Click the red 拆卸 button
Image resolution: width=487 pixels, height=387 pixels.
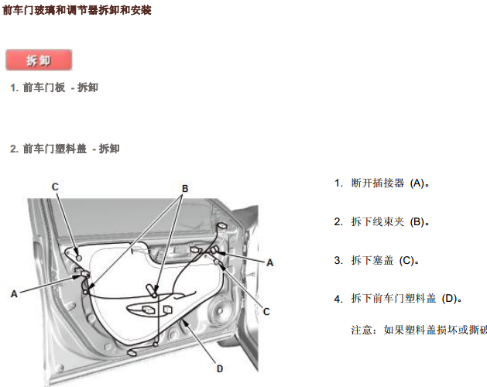coord(39,60)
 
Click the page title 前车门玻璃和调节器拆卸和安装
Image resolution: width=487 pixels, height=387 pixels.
coord(77,10)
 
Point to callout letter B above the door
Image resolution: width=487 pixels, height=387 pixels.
coord(185,189)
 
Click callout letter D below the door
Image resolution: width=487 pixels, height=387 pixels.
coord(220,368)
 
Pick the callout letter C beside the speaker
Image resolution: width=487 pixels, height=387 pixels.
coord(266,311)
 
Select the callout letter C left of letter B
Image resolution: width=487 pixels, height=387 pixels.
coord(55,187)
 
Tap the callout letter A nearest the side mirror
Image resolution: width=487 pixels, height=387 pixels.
coord(270,262)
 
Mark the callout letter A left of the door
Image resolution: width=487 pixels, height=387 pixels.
coord(14,294)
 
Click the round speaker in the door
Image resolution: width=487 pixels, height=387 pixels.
coord(220,310)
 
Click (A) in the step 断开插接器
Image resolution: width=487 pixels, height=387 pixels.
coord(417,183)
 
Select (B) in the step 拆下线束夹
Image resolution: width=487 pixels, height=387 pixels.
coord(417,222)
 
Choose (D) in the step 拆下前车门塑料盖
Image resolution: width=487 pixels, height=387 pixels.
coord(450,299)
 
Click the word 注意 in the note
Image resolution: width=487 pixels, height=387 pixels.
coord(362,330)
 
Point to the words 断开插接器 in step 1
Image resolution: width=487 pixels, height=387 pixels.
coord(377,183)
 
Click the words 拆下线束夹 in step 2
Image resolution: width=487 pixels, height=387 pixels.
coord(377,221)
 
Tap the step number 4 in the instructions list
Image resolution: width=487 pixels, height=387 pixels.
coord(338,299)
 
